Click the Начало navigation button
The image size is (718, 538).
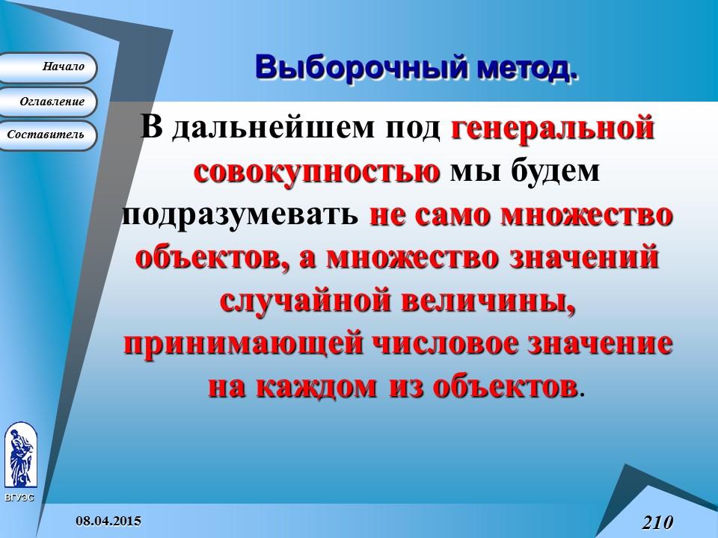point(49,67)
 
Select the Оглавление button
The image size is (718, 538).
point(49,102)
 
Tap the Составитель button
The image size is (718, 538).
point(49,135)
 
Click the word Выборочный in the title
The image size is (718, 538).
point(358,67)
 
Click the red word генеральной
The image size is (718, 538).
point(553,128)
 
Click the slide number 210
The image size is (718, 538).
point(657,521)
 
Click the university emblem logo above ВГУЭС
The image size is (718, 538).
point(19,456)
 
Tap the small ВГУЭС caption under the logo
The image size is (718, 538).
point(19,497)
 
